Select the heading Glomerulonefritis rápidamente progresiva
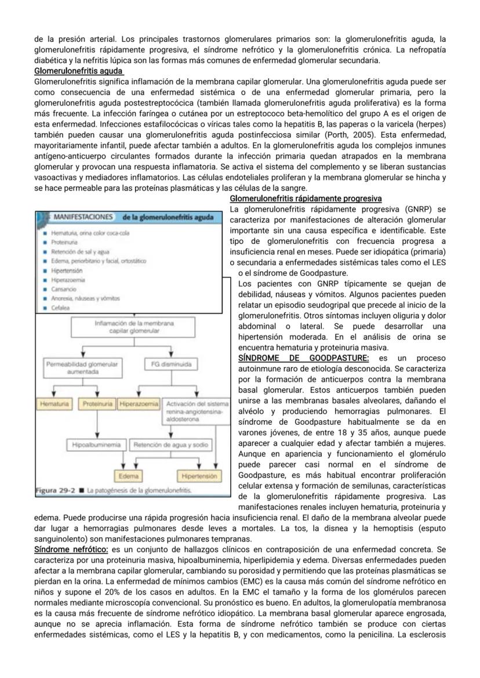(306, 198)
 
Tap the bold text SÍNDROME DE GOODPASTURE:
(303, 358)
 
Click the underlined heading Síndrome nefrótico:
(71, 549)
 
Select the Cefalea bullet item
(60, 308)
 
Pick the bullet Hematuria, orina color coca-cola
(90, 233)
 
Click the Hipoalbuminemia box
(96, 445)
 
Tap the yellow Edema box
(128, 476)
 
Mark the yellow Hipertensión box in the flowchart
(198, 476)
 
